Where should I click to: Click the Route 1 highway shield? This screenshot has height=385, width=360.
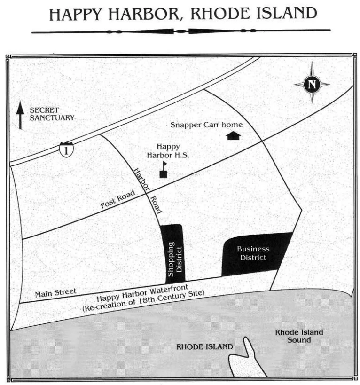tap(66, 149)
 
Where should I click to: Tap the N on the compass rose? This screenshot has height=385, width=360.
tap(312, 85)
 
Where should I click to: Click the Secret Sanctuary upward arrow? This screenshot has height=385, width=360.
tap(20, 115)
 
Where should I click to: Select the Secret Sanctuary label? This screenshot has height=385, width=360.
tap(52, 114)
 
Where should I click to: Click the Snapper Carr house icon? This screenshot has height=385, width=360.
tap(233, 135)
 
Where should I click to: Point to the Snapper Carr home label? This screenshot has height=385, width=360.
tap(206, 125)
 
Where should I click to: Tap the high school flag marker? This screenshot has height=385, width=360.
tap(163, 170)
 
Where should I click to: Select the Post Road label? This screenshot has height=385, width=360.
tap(117, 199)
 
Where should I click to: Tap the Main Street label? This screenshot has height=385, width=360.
tap(55, 293)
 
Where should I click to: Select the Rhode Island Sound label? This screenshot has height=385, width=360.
tap(299, 336)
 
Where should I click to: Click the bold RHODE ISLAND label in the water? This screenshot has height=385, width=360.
tap(204, 347)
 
